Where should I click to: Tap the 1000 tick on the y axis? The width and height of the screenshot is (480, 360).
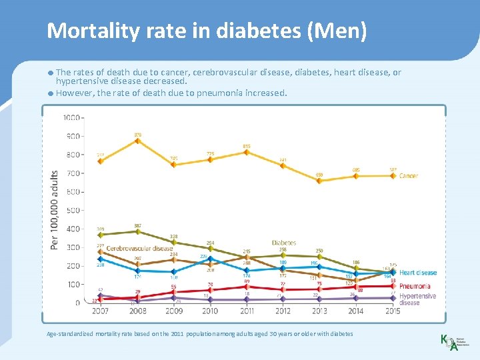point(71,118)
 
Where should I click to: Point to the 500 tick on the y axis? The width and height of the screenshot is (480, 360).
point(73,211)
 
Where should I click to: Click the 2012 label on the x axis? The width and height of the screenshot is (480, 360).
point(283,311)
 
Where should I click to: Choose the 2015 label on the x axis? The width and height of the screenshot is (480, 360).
point(393,311)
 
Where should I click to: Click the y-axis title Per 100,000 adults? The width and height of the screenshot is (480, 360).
point(55,210)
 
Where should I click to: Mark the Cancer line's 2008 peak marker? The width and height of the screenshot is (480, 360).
point(137,141)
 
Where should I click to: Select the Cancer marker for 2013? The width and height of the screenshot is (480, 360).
point(319,181)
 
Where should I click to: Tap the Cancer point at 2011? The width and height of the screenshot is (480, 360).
point(247,152)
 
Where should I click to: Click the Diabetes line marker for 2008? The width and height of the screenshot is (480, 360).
point(137,231)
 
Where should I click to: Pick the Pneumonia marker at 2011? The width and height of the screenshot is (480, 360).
point(247,287)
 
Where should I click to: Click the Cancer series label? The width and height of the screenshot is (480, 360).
point(409,176)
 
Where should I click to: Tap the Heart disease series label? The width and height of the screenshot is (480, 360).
point(418,273)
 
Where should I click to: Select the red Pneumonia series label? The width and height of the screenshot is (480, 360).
point(415,287)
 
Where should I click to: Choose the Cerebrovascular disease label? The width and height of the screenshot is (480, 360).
point(140,249)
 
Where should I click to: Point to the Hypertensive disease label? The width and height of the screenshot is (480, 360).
point(417,299)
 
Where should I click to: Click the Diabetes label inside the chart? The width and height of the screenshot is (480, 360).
point(283,243)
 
